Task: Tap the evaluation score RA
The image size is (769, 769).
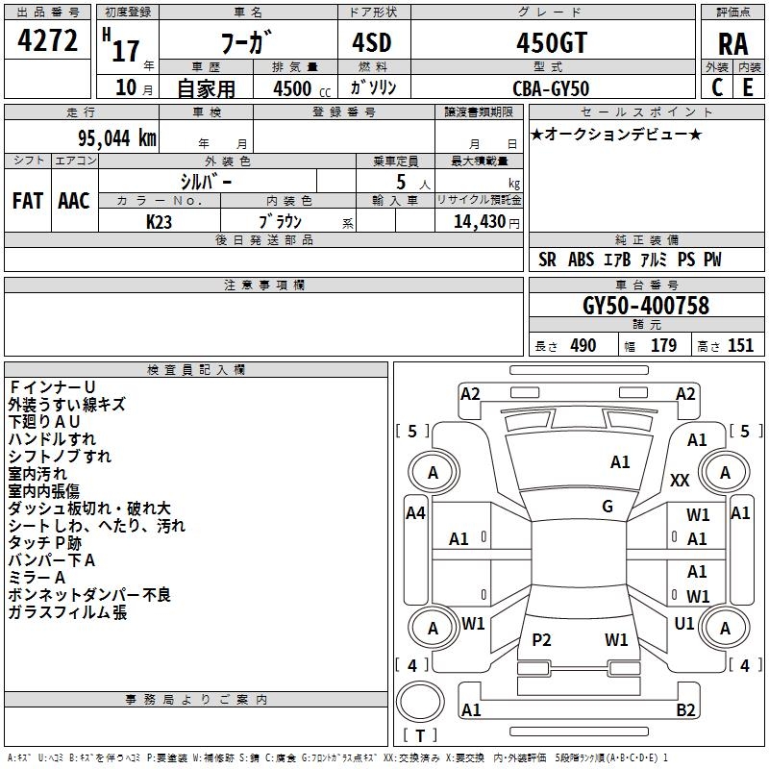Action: pos(732,44)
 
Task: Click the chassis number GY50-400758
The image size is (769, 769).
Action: pos(646,307)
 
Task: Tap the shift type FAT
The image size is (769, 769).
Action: pos(27,201)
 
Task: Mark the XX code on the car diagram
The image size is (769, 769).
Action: pos(680,480)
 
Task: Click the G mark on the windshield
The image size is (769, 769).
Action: pos(608,507)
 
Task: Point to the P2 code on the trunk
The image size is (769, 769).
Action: pos(541,640)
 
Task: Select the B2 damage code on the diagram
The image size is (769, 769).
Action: pos(685,710)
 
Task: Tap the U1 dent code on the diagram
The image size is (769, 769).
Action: pos(684,624)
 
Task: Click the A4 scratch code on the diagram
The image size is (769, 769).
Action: pos(415,513)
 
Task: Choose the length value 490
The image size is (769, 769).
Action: pos(583,346)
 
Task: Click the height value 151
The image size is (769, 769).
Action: pos(740,346)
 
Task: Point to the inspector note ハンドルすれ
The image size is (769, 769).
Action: pos(52,439)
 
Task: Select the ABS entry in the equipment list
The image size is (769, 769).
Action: pos(581,260)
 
